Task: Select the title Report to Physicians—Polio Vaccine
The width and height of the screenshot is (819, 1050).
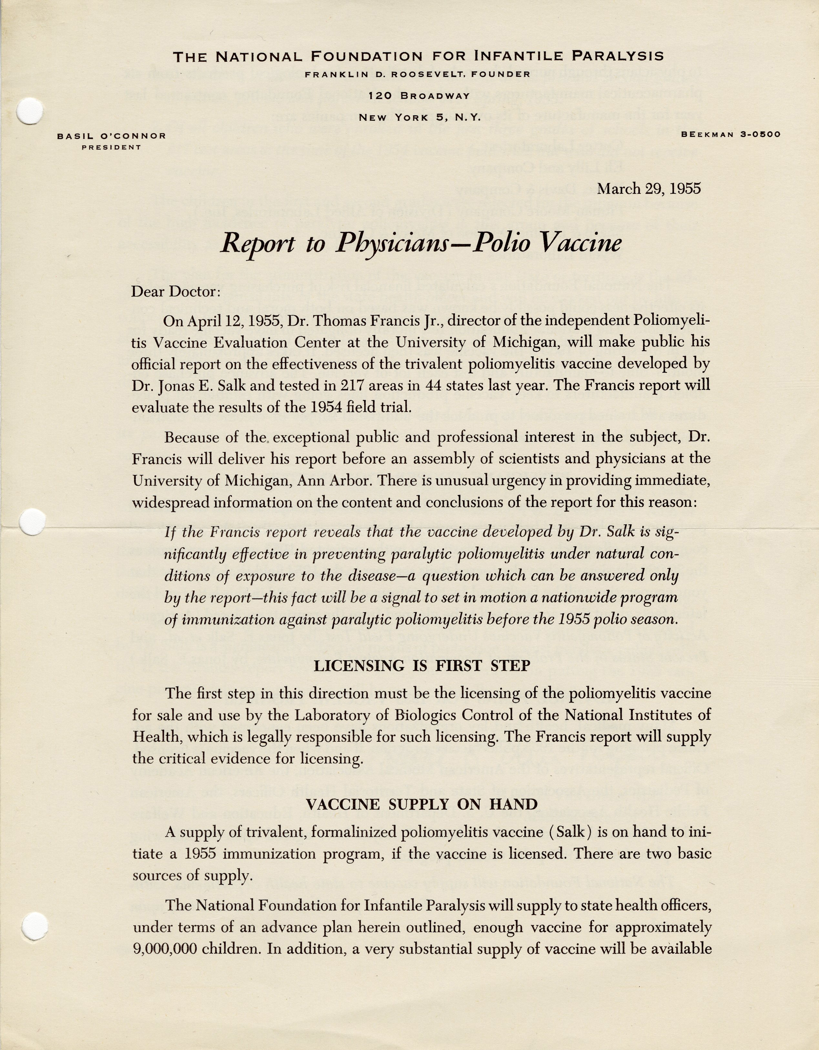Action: (421, 243)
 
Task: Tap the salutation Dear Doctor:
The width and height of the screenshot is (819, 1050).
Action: (175, 292)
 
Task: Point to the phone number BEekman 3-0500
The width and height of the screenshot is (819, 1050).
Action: (731, 135)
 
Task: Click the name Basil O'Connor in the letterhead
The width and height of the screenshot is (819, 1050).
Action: (111, 136)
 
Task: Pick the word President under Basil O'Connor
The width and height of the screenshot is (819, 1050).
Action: (111, 148)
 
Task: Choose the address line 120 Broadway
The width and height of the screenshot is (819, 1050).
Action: (419, 96)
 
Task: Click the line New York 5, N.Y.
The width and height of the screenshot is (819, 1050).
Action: (419, 117)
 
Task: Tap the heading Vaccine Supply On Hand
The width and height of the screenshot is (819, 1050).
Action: (422, 804)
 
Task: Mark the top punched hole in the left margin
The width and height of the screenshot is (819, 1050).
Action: (30, 111)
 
